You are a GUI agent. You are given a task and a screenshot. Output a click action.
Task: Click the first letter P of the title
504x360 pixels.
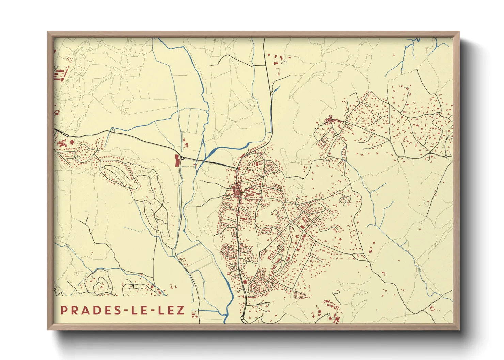point(64,310)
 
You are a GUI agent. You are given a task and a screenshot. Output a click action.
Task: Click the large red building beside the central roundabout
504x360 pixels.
point(177,160)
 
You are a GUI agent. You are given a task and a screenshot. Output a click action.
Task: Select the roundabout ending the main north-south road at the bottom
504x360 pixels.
point(242,318)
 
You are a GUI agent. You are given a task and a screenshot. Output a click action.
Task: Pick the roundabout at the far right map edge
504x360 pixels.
point(446,156)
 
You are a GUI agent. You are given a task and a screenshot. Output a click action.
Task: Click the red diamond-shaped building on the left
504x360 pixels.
point(72,142)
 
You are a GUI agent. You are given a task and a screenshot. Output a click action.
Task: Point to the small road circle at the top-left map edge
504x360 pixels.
point(56,68)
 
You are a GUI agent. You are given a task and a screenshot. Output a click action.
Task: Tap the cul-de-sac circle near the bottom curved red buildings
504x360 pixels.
point(329,314)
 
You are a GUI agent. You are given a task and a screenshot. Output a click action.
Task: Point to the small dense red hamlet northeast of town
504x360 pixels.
point(329,119)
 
